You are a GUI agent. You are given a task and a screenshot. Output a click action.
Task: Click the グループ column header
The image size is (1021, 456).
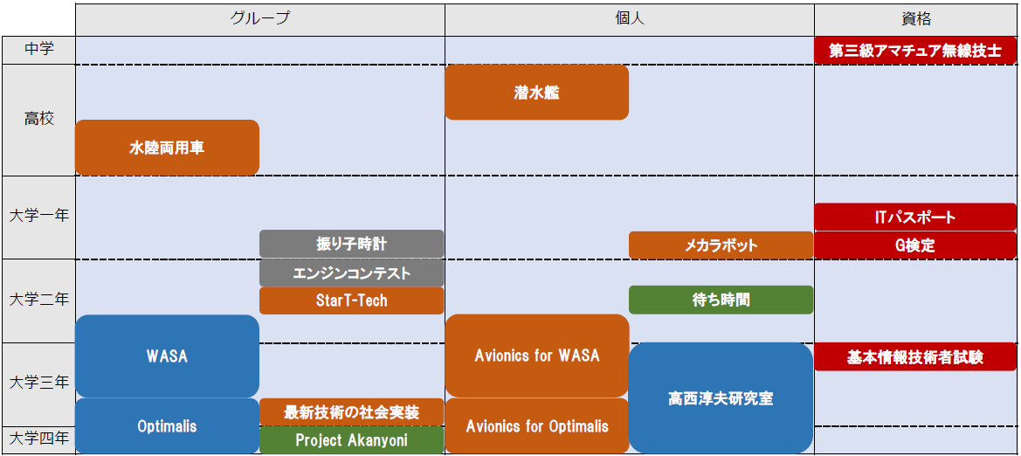pyautogui.click(x=259, y=19)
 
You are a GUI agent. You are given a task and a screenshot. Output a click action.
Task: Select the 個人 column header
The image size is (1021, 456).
pyautogui.click(x=630, y=19)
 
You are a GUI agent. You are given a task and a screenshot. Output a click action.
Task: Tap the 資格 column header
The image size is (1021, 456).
pyautogui.click(x=916, y=19)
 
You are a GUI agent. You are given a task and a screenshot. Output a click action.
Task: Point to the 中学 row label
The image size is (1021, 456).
pyautogui.click(x=39, y=50)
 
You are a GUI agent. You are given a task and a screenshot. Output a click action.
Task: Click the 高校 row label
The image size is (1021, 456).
pyautogui.click(x=39, y=119)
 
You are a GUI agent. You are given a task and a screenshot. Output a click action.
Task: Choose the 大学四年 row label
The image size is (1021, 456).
pyautogui.click(x=39, y=439)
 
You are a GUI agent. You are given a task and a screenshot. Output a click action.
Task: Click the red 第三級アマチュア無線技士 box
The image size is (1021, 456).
pyautogui.click(x=915, y=51)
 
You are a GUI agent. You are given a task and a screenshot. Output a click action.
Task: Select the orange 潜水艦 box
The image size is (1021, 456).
pyautogui.click(x=536, y=93)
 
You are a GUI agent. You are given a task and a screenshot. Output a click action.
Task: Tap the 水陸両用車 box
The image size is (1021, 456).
pyautogui.click(x=168, y=148)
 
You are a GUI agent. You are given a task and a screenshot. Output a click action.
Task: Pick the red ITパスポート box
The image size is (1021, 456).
pyautogui.click(x=915, y=217)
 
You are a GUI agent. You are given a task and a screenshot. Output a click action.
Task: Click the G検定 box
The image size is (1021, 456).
pyautogui.click(x=915, y=245)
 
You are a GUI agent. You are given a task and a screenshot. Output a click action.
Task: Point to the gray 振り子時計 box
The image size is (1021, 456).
pyautogui.click(x=352, y=245)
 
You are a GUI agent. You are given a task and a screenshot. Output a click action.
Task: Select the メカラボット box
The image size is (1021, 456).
pyautogui.click(x=721, y=245)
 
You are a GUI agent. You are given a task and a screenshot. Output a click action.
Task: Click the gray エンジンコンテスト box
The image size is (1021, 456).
pyautogui.click(x=352, y=273)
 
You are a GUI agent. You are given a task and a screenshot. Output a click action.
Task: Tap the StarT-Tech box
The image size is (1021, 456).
pyautogui.click(x=352, y=301)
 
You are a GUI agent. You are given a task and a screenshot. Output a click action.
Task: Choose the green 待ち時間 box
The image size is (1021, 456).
pyautogui.click(x=721, y=300)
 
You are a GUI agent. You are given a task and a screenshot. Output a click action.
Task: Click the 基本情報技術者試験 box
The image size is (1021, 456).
pyautogui.click(x=915, y=357)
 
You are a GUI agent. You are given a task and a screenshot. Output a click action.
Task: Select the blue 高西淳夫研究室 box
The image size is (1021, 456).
pyautogui.click(x=721, y=398)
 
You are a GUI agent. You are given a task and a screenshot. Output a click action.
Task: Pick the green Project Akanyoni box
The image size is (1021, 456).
pyautogui.click(x=352, y=440)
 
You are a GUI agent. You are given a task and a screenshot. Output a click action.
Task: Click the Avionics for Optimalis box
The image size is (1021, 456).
pyautogui.click(x=536, y=426)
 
